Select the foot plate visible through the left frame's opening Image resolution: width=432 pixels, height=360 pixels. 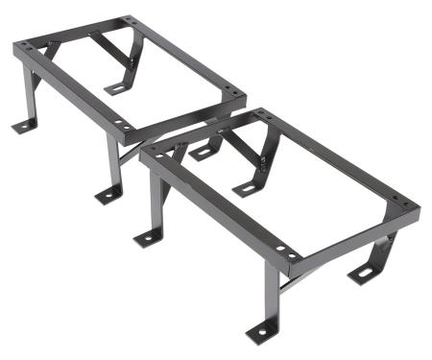pos(116,89)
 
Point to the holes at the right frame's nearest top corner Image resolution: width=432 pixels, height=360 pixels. pos(284,251)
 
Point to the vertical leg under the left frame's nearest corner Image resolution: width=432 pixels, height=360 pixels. pos(113,163)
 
